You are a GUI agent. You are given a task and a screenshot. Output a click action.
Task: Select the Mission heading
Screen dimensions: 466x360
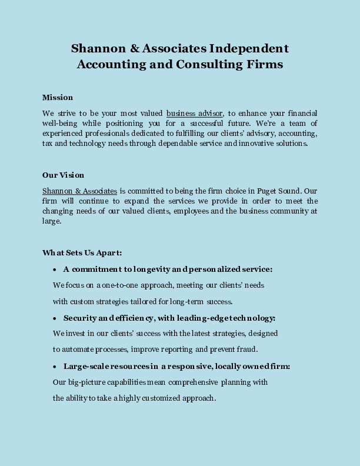click(58, 97)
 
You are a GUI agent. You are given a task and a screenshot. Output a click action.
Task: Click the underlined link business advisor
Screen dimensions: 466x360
click(195, 113)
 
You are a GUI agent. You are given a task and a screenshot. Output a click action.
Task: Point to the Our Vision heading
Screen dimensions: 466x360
click(63, 175)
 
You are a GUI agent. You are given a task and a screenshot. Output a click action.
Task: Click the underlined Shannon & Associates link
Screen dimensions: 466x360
click(79, 191)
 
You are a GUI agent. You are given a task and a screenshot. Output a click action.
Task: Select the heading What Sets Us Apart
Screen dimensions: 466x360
click(82, 252)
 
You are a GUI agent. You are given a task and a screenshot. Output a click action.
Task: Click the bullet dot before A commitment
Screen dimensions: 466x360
click(54, 269)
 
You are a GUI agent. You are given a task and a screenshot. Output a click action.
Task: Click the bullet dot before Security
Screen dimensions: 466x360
click(54, 318)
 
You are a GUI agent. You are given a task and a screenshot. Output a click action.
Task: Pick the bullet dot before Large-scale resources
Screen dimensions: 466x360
click(54, 367)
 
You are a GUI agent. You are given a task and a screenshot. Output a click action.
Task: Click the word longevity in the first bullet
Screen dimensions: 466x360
click(154, 269)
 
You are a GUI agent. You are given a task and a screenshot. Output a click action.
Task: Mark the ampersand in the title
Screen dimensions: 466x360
click(131, 48)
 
